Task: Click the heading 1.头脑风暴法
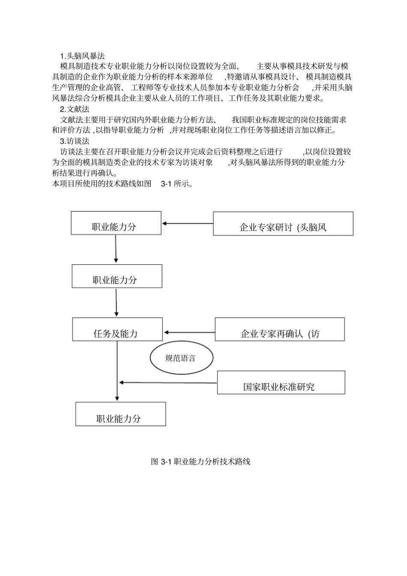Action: point(82,56)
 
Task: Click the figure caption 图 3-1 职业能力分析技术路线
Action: point(201,462)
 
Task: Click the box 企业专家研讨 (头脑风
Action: point(283,224)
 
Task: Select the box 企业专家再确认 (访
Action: point(280,329)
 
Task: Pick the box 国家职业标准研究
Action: point(281,382)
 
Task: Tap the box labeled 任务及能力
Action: point(117,329)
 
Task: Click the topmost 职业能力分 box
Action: point(116,223)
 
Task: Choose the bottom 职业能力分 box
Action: point(120,414)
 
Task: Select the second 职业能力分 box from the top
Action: point(117,276)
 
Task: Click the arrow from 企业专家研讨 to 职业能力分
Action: point(187,223)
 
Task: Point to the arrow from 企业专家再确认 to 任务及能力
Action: point(189,332)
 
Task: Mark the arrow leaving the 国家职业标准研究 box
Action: point(168,382)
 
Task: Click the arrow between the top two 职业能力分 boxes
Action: point(116,249)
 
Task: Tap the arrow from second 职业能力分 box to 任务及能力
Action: point(116,302)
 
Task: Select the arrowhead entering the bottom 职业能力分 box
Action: point(117,397)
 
